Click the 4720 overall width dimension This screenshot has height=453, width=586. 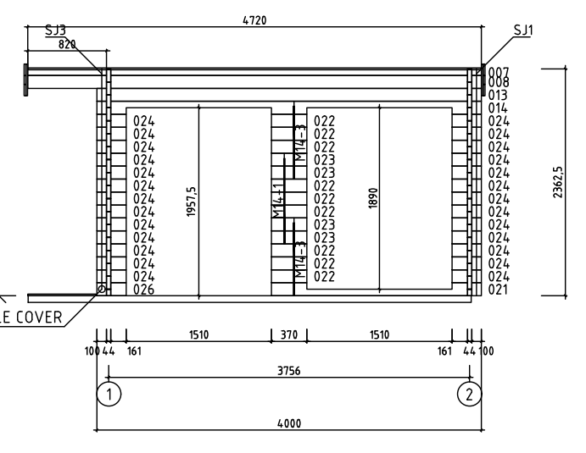pyautogui.click(x=254, y=20)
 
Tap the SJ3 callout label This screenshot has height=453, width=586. pyautogui.click(x=55, y=30)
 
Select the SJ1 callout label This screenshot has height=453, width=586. pyautogui.click(x=523, y=30)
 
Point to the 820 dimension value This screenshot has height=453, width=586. pyautogui.click(x=67, y=44)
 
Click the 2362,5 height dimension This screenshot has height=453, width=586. pyautogui.click(x=558, y=182)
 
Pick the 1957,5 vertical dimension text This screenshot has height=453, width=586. pyautogui.click(x=191, y=202)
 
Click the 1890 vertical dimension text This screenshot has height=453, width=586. pyautogui.click(x=373, y=198)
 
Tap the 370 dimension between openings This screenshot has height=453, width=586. pyautogui.click(x=289, y=334)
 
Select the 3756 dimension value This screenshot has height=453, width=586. pyautogui.click(x=289, y=371)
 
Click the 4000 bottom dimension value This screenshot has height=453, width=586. pyautogui.click(x=289, y=423)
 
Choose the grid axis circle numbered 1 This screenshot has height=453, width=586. pyautogui.click(x=109, y=394)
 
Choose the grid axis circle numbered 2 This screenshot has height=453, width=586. pyautogui.click(x=470, y=394)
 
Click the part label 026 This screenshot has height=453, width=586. pyautogui.click(x=144, y=290)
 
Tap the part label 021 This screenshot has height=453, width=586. pyautogui.click(x=498, y=290)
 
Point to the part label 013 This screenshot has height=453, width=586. pyautogui.click(x=498, y=95)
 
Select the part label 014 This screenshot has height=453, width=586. pyautogui.click(x=498, y=108)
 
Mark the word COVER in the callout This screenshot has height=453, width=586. pyautogui.click(x=38, y=318)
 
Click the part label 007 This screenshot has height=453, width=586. pyautogui.click(x=499, y=72)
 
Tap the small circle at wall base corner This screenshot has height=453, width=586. pyautogui.click(x=101, y=289)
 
